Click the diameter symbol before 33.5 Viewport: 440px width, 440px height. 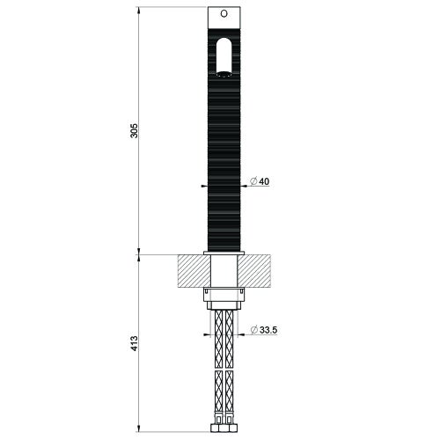[x=254, y=330]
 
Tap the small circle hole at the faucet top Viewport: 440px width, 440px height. [x=223, y=15]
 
